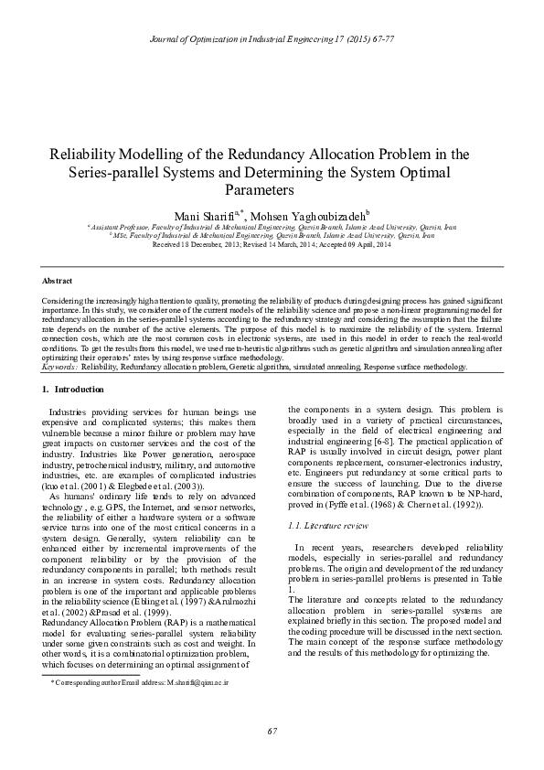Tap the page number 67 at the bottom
pos(272,729)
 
